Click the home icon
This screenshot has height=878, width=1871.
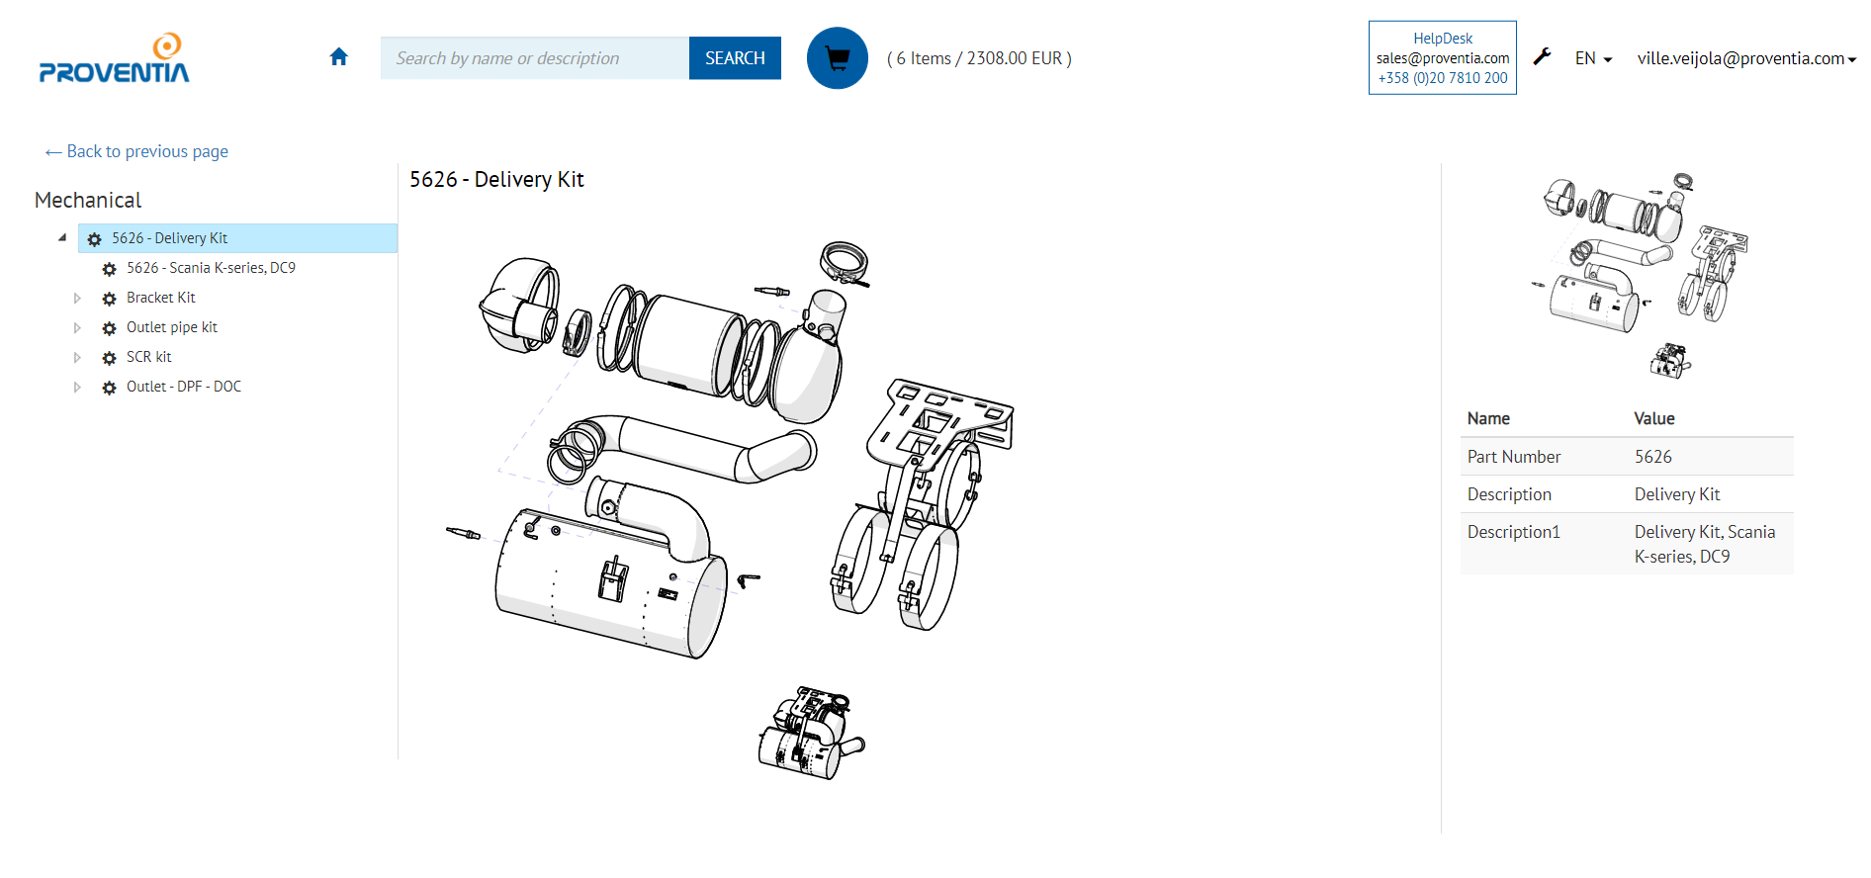pyautogui.click(x=339, y=57)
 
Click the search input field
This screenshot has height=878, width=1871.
pyautogui.click(x=534, y=58)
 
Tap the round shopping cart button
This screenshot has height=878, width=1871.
pyautogui.click(x=837, y=58)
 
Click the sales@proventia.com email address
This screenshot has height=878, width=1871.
pyautogui.click(x=1442, y=58)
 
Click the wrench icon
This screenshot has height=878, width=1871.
pyautogui.click(x=1542, y=57)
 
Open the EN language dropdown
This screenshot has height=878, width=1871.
pyautogui.click(x=1592, y=58)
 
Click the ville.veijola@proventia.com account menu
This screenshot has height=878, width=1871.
pyautogui.click(x=1745, y=58)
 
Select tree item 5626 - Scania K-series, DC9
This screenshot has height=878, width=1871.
pyautogui.click(x=211, y=268)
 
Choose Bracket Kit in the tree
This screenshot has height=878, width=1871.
pyautogui.click(x=160, y=298)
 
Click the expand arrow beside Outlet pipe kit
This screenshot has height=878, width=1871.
pyautogui.click(x=77, y=327)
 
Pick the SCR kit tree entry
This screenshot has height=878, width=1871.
pyautogui.click(x=148, y=357)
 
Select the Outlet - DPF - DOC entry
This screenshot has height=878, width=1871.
pyautogui.click(x=183, y=387)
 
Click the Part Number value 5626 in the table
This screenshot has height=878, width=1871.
pyautogui.click(x=1652, y=457)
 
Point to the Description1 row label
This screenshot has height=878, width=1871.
pyautogui.click(x=1513, y=532)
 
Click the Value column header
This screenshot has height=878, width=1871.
pyautogui.click(x=1653, y=418)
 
